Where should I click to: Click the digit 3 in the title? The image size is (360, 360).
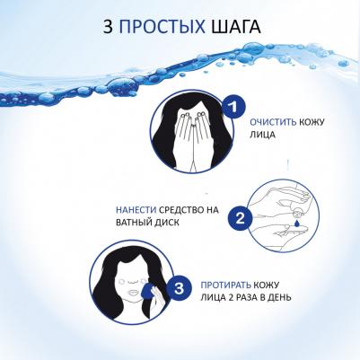coord(108,27)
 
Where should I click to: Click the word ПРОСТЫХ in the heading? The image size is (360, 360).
coord(162,27)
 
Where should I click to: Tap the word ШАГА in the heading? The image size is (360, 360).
coord(236,27)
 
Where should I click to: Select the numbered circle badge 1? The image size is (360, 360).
coord(233,107)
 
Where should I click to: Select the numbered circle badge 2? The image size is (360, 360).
coord(240,219)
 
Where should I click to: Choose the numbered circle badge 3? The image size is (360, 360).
coord(179,289)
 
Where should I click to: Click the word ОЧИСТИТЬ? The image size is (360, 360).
coord(273,122)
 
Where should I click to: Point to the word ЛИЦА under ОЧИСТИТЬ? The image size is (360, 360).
coord(262,135)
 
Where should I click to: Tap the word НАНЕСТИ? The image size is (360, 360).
coord(136,210)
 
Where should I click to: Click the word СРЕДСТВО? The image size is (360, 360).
coord(180,210)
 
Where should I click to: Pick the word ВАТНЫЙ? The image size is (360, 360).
coord(135,223)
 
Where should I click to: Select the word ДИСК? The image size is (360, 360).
coord(168,223)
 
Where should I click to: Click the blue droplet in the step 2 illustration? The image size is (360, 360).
coord(296,223)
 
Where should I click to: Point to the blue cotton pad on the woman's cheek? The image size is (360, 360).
coord(148,291)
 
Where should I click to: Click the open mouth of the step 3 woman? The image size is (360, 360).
coord(133,291)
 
